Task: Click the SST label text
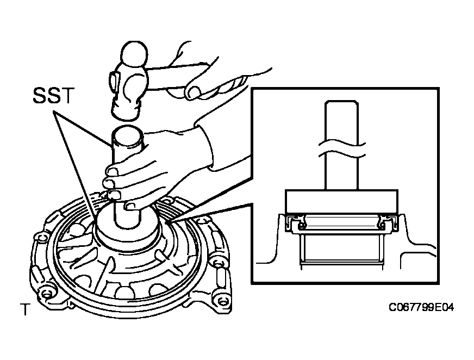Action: [53, 96]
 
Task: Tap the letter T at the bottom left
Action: [26, 309]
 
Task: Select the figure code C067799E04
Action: [421, 307]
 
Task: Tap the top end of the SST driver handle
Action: [127, 133]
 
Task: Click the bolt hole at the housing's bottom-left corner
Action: [46, 294]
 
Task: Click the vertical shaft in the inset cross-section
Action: [341, 145]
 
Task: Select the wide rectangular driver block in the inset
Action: [341, 201]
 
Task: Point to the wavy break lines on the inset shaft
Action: [342, 150]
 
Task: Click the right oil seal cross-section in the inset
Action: [389, 224]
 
